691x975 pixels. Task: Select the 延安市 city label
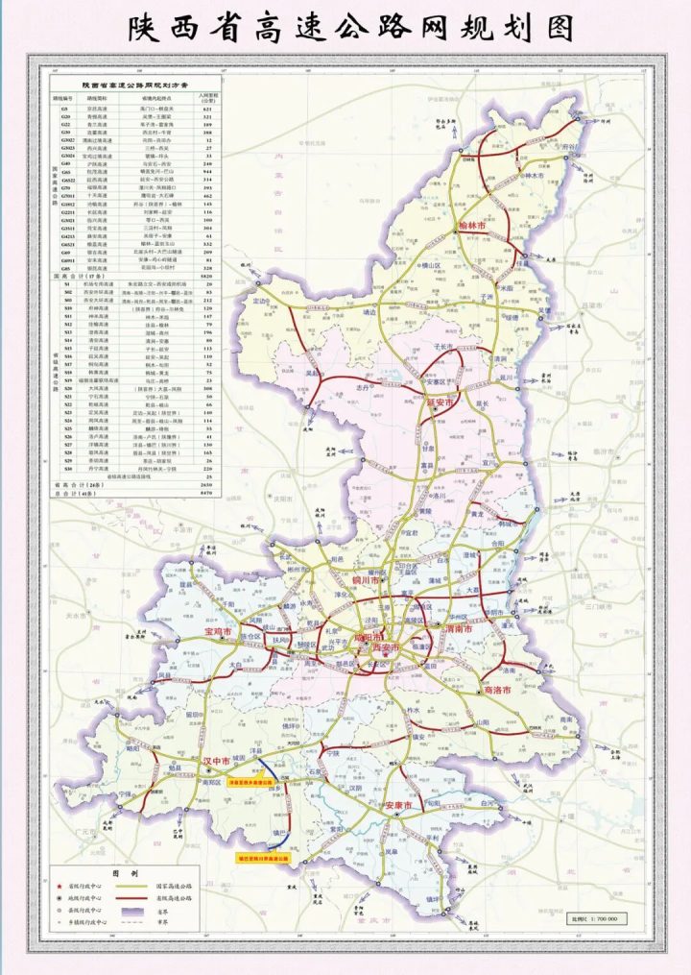(439, 403)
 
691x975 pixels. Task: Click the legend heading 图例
(127, 873)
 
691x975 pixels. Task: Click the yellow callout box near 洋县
(252, 783)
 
